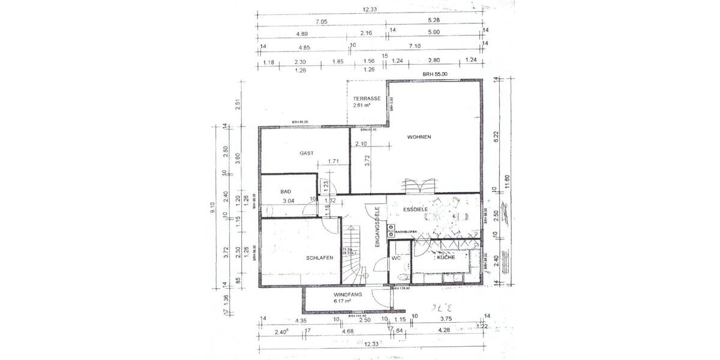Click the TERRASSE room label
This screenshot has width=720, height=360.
(367, 98)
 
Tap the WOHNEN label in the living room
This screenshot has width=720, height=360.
(419, 137)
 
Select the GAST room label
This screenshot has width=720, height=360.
(307, 154)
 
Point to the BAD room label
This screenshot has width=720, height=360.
(286, 191)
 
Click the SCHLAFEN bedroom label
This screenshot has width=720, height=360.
(320, 257)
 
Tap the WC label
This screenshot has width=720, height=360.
(396, 258)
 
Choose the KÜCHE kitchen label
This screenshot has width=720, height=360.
(445, 257)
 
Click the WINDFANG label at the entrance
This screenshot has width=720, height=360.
(348, 295)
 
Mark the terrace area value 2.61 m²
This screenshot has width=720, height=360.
(361, 105)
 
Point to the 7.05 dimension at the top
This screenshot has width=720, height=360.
(322, 22)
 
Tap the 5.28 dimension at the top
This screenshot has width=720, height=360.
(434, 22)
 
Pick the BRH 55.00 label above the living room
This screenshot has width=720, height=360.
(435, 74)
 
